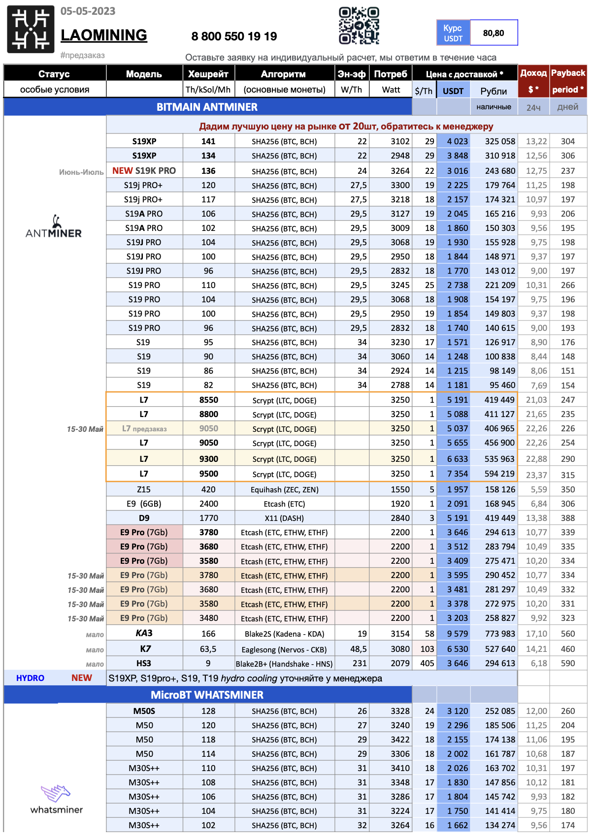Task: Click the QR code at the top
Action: [x=359, y=26]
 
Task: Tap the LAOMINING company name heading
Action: [x=104, y=35]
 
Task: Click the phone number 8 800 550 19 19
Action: [x=234, y=36]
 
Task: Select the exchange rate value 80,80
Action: [x=494, y=33]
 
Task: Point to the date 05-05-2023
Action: [x=88, y=11]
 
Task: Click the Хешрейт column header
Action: [x=208, y=74]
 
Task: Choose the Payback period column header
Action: [x=568, y=81]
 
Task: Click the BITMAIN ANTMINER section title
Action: [x=207, y=107]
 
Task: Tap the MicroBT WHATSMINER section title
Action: [x=207, y=695]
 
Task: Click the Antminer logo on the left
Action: [x=54, y=227]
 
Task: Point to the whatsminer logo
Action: [x=56, y=799]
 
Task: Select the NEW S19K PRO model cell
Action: [x=144, y=171]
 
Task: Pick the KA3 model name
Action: [x=144, y=633]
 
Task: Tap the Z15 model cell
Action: [x=144, y=489]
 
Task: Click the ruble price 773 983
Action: [x=494, y=634]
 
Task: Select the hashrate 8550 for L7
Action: [x=208, y=400]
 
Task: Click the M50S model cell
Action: [x=144, y=711]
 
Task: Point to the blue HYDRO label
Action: [x=30, y=678]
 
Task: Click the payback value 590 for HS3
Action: [x=568, y=663]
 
